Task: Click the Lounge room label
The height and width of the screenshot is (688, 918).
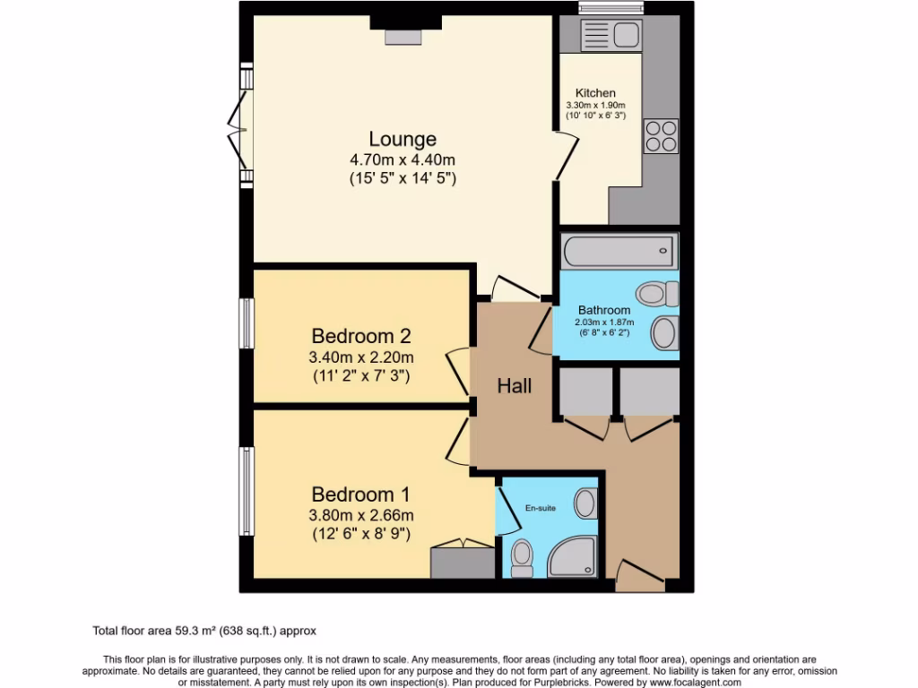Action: [x=403, y=140]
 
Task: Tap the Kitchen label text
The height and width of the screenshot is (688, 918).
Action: [x=595, y=93]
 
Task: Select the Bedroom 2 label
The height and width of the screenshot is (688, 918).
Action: [x=360, y=337]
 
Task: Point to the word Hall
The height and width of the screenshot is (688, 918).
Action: [x=515, y=386]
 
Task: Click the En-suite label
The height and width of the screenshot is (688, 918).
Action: [x=540, y=508]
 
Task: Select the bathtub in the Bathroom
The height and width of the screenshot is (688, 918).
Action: [x=619, y=251]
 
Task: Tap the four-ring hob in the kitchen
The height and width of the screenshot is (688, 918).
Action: [x=661, y=135]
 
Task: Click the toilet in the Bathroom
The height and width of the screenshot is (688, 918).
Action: [x=659, y=293]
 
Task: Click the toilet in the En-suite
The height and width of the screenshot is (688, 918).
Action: [x=521, y=559]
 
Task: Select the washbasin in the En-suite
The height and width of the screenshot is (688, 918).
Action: [x=586, y=503]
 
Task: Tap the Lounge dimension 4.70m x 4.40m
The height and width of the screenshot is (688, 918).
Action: [x=403, y=160]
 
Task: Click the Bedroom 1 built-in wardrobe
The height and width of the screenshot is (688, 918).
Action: [x=463, y=561]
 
